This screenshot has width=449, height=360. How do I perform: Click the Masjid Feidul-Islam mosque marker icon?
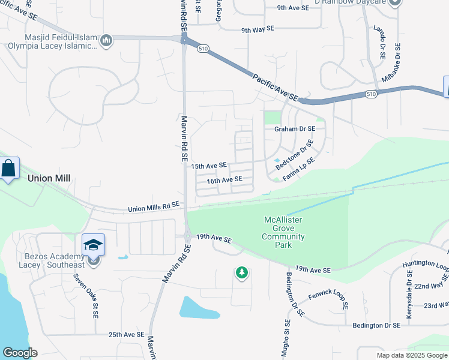[x=106, y=41]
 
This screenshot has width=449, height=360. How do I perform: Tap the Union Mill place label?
[x=49, y=178]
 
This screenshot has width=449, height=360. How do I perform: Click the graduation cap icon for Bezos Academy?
[x=93, y=245]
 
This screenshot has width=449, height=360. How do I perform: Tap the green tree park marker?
[x=241, y=273]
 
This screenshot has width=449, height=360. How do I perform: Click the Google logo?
[x=20, y=353]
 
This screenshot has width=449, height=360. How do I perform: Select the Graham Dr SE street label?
[x=295, y=128]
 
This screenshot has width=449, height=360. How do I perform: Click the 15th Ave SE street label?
[x=209, y=165]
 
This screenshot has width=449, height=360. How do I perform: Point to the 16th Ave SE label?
[x=224, y=179]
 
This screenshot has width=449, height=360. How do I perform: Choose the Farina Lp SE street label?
[x=299, y=169]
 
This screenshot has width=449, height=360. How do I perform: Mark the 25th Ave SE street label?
[x=127, y=334]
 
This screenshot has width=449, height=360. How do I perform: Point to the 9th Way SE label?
[x=258, y=29]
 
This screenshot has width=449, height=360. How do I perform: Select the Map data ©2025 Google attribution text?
[x=412, y=355]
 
